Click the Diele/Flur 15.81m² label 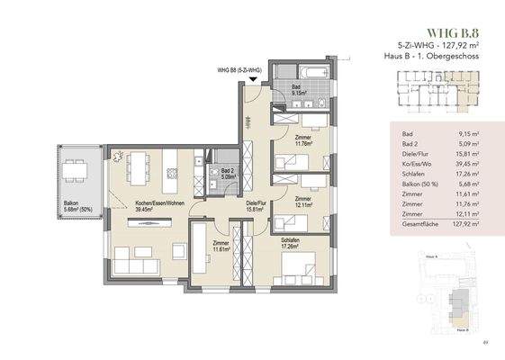pyautogui.click(x=260, y=206)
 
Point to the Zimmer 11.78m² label pyautogui.click(x=303, y=140)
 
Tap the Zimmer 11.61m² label pyautogui.click(x=220, y=247)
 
